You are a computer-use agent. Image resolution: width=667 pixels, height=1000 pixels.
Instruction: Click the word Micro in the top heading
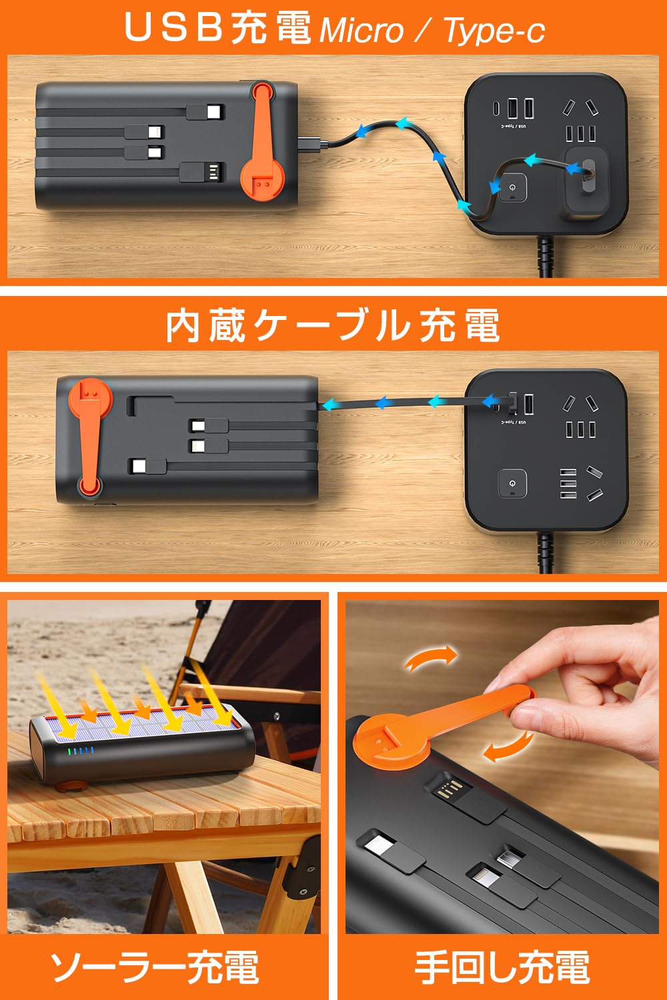[x=362, y=31]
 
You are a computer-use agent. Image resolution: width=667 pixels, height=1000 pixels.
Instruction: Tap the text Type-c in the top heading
[x=494, y=31]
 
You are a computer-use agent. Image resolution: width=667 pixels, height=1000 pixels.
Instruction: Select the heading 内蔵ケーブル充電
[x=333, y=326]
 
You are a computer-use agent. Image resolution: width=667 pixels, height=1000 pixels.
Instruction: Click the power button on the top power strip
[x=512, y=188]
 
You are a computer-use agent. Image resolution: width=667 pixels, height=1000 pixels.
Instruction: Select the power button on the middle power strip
[x=512, y=483]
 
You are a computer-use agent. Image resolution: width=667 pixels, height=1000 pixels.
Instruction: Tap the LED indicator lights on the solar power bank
[x=81, y=751]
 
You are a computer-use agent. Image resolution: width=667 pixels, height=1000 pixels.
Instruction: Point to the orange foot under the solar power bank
[x=70, y=785]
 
